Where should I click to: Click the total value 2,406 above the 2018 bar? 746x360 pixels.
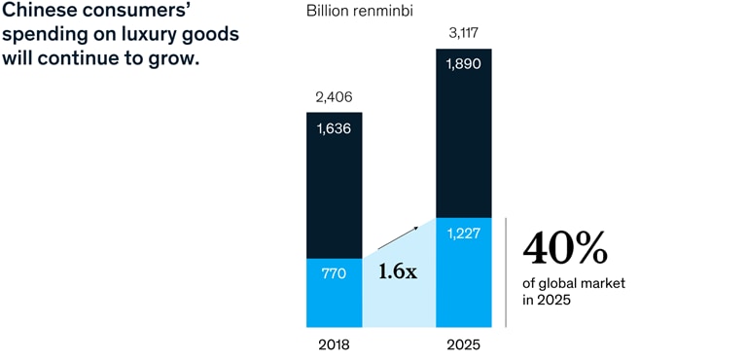(x=334, y=97)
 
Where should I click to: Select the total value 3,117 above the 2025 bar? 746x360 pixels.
(x=464, y=34)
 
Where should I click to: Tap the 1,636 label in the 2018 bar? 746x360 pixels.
(x=334, y=126)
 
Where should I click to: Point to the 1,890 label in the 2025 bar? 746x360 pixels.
(x=464, y=63)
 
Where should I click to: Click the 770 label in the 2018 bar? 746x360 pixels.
(x=334, y=272)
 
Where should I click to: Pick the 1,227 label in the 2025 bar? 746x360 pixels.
(x=464, y=234)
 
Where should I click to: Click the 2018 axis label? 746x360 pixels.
(x=334, y=344)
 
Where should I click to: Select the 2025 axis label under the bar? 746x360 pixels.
(x=464, y=344)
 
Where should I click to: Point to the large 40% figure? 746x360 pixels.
(x=565, y=249)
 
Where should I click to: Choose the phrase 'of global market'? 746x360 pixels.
(x=574, y=283)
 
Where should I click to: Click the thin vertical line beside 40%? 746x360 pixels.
(x=506, y=272)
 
